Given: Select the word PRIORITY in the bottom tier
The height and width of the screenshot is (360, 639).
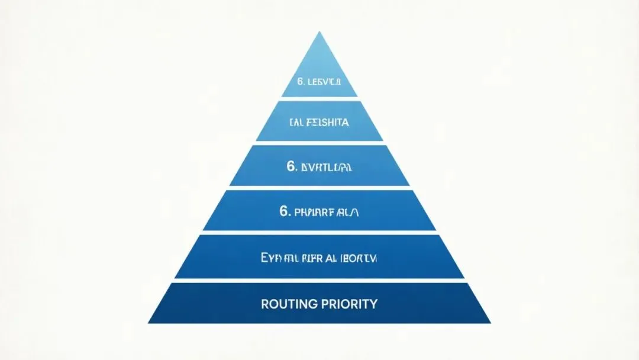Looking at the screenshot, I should tap(348, 304).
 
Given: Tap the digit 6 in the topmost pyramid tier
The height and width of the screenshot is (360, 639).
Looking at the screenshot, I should tap(300, 81).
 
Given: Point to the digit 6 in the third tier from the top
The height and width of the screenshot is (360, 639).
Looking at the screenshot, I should tap(291, 167).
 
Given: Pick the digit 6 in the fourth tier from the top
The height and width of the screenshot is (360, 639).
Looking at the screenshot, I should tap(284, 211).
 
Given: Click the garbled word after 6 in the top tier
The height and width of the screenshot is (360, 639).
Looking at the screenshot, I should tap(324, 81).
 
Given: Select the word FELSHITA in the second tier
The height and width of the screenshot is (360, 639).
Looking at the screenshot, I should tap(327, 123).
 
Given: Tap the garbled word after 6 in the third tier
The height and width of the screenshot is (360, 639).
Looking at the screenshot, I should tap(327, 168).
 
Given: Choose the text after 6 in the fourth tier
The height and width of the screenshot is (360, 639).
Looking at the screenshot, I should tap(327, 211).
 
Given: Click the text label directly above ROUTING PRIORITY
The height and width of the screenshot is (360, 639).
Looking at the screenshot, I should tap(319, 258).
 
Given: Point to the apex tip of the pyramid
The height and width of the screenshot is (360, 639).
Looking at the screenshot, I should tap(319, 33).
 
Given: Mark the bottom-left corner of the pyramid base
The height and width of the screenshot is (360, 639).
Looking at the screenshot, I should tap(149, 323).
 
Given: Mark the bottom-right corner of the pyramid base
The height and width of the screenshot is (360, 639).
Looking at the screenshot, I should tap(490, 323).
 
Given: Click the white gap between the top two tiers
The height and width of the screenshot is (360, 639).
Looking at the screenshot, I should tap(319, 99).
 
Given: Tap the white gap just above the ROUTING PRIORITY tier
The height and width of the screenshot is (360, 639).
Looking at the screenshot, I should tap(319, 280).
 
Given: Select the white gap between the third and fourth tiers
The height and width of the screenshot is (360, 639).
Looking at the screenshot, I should tap(319, 188).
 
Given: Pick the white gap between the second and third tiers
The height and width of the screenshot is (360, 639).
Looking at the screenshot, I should tap(319, 143).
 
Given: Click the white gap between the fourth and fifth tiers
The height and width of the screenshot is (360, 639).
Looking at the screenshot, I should tap(319, 233).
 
